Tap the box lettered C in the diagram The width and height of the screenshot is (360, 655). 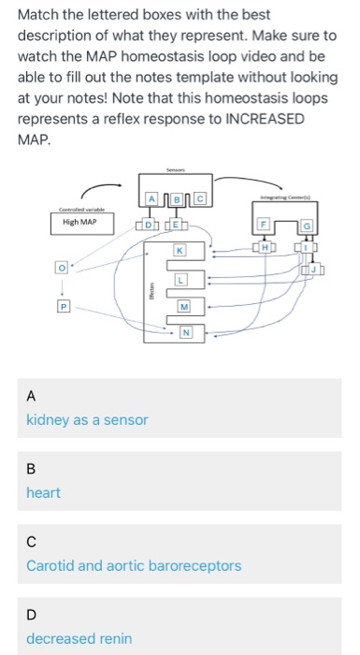198,198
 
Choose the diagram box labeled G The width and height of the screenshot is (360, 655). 305,226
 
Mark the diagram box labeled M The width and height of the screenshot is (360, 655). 184,306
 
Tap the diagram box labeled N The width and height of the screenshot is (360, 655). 186,332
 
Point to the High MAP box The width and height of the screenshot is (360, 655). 79,224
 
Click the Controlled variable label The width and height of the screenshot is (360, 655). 79,210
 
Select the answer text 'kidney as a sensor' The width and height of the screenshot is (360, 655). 87,420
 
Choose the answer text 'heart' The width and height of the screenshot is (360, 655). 43,493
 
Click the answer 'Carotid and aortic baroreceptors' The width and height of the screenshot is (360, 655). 134,565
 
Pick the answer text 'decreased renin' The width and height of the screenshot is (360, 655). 79,638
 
